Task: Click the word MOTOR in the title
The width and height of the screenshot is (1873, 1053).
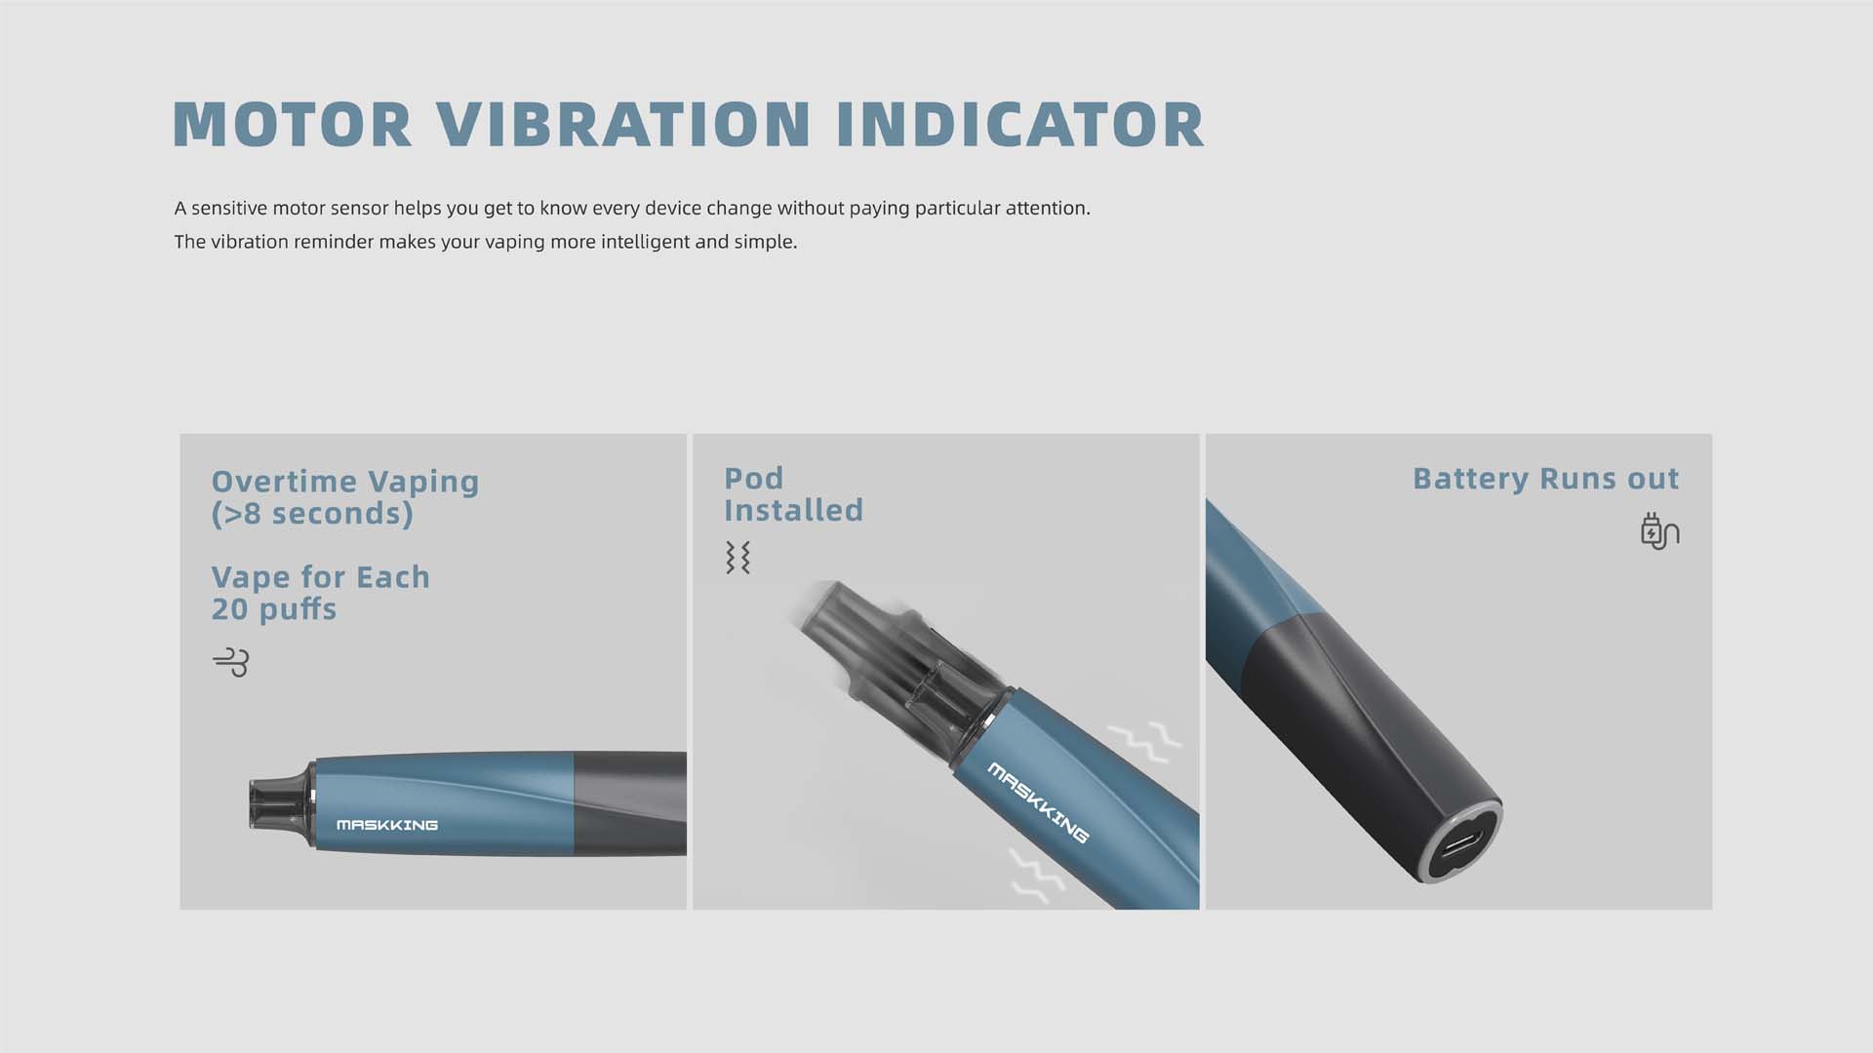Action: (293, 124)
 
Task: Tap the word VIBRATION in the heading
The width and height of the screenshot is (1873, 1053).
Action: (623, 124)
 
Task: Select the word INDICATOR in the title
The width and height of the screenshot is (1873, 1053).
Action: (1020, 124)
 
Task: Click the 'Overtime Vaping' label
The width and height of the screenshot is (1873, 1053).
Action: (345, 482)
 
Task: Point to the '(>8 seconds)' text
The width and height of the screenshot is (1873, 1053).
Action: (312, 514)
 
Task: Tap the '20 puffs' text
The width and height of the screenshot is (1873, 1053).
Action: (274, 609)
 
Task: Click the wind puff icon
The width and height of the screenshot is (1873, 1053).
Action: (231, 662)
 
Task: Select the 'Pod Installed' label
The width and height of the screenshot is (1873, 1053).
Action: (793, 494)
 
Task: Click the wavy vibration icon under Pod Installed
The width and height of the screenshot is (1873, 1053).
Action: (737, 558)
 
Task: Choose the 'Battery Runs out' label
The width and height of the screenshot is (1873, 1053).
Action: (1545, 479)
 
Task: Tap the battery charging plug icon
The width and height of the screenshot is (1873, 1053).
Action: (1659, 531)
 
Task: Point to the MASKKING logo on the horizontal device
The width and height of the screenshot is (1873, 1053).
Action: (387, 825)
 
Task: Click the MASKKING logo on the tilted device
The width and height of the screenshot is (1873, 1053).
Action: (1038, 802)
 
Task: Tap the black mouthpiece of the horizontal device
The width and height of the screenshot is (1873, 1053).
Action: (281, 804)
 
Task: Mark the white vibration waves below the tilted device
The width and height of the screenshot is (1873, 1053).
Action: (1038, 874)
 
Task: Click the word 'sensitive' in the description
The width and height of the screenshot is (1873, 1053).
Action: (229, 208)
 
